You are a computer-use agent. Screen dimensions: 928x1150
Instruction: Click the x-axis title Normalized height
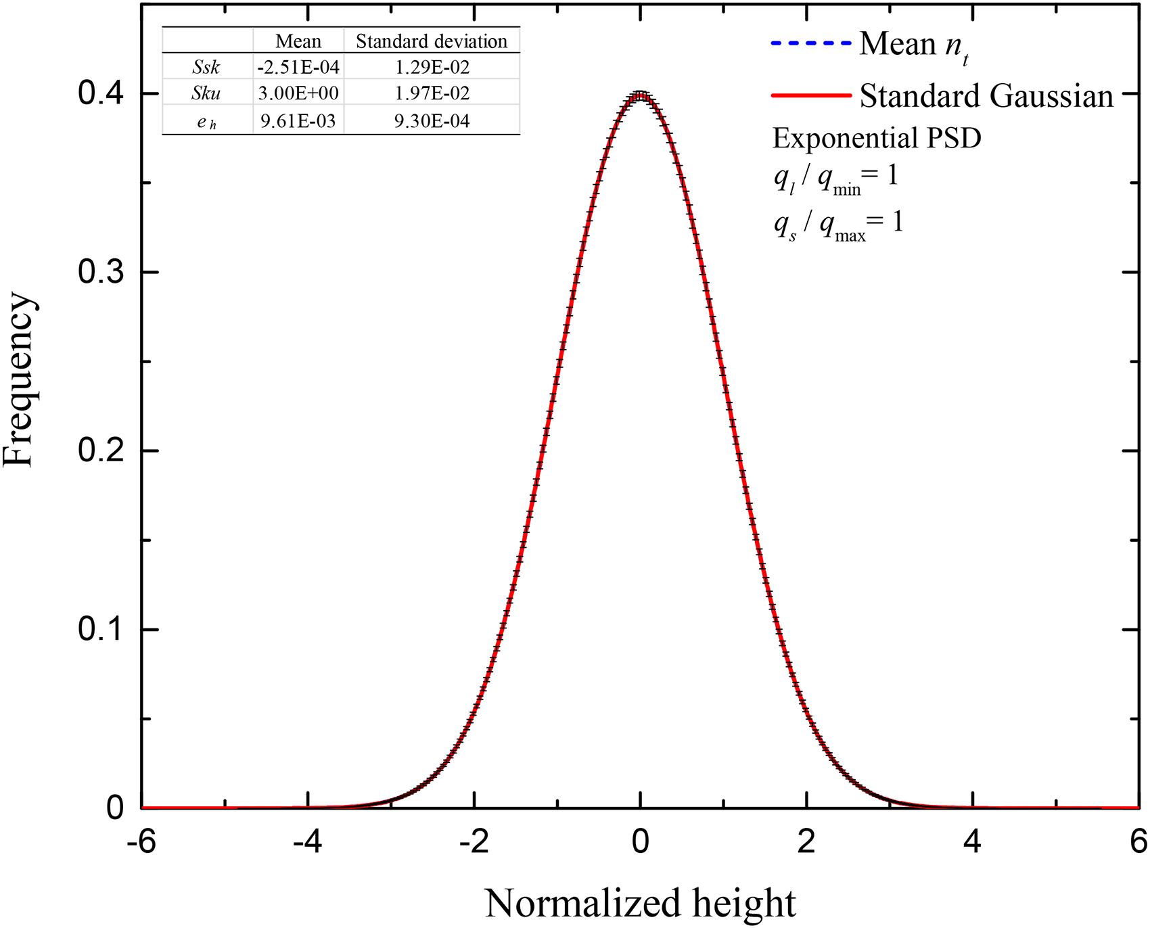(640, 903)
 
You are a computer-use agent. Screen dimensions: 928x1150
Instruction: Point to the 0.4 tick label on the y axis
(101, 93)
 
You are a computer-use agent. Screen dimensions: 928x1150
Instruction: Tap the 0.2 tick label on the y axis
(101, 450)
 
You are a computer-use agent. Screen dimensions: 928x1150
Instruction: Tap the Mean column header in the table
(298, 41)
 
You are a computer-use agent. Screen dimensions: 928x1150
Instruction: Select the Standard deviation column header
(432, 41)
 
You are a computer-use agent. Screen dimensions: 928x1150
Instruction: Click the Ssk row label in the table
(206, 67)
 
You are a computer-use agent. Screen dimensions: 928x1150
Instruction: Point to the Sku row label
(206, 93)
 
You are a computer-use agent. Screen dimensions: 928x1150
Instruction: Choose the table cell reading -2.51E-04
(298, 67)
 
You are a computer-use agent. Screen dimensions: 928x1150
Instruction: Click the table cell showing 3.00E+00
(298, 93)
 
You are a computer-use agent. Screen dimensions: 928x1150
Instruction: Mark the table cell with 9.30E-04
(432, 121)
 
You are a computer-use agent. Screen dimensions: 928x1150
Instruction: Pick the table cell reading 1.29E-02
(432, 67)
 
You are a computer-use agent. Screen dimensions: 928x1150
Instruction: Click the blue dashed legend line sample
(810, 44)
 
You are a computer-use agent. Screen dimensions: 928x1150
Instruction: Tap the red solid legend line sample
(810, 95)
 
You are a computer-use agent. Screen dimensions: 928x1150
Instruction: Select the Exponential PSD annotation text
(877, 139)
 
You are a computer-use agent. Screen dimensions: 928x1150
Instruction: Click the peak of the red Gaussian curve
(640, 95)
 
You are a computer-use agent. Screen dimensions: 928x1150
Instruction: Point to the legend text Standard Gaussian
(986, 96)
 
